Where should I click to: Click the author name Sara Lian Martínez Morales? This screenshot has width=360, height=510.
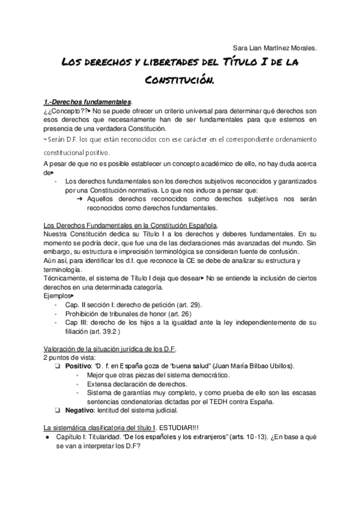click(275, 48)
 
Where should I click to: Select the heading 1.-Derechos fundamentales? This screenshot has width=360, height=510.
click(89, 102)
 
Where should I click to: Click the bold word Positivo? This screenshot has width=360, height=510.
click(79, 366)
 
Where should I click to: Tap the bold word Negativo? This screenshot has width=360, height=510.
click(80, 410)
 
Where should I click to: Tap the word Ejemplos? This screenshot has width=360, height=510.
click(58, 296)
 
